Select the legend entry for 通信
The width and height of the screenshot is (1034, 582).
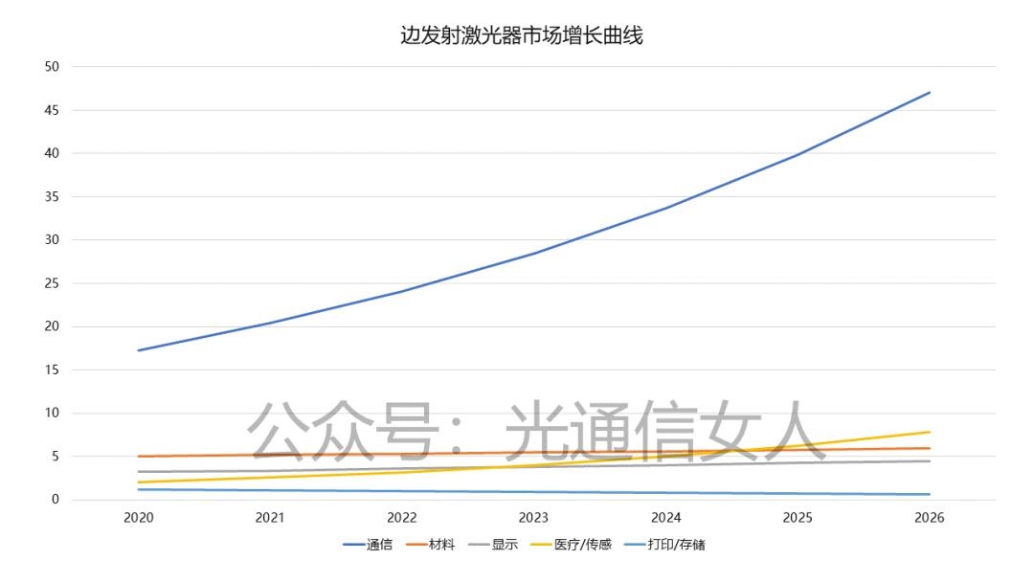(x=368, y=546)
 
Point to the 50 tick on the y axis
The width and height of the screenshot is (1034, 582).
(x=52, y=66)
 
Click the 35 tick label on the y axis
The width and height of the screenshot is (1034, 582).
(x=52, y=196)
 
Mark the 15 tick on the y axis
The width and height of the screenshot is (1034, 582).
(x=52, y=369)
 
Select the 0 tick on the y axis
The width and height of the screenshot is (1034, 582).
(x=56, y=500)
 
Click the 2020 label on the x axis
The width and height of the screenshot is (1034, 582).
(x=139, y=518)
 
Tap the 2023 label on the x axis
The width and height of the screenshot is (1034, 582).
(x=534, y=518)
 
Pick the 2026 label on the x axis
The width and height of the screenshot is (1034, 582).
(x=930, y=518)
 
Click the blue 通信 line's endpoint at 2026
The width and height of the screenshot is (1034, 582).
(x=930, y=93)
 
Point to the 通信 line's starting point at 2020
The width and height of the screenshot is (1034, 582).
(x=139, y=350)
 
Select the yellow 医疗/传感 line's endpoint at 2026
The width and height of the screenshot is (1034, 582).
(x=930, y=432)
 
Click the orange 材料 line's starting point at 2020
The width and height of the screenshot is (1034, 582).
(x=139, y=457)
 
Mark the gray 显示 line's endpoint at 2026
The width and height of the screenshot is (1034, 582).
(x=930, y=461)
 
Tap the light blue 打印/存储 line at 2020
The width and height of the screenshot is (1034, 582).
(x=139, y=490)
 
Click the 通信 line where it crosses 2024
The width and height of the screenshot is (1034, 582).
(x=666, y=208)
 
